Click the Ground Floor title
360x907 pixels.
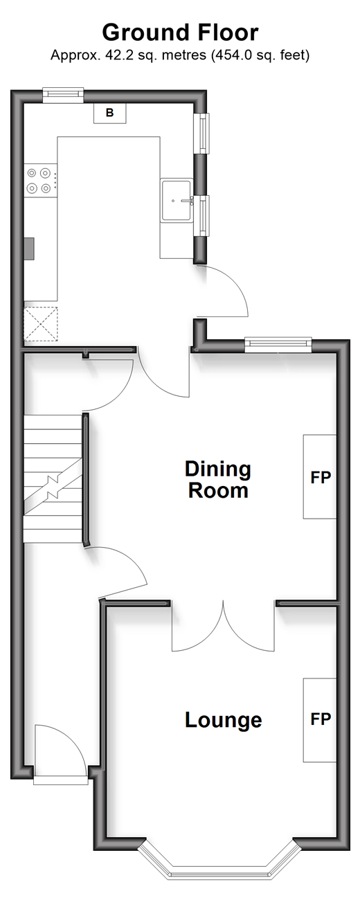(180, 33)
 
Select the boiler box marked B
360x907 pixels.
(110, 113)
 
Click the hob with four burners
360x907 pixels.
(40, 180)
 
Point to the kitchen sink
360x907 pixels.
(177, 201)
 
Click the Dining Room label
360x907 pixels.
(218, 479)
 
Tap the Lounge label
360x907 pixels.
(224, 720)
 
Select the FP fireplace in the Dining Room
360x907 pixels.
(320, 476)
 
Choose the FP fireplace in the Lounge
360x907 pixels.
(320, 720)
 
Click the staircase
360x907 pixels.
(53, 478)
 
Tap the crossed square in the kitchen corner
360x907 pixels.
(40, 324)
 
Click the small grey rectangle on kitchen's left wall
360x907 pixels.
(29, 248)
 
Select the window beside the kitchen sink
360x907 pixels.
(204, 215)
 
